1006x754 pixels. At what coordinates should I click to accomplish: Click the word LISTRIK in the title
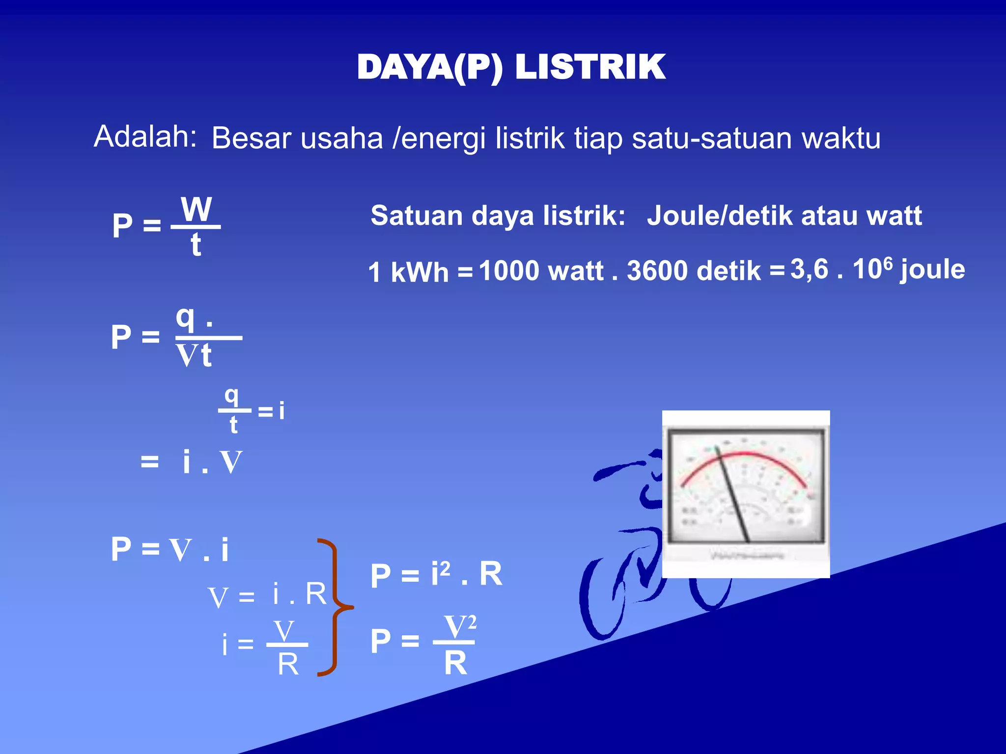click(x=590, y=67)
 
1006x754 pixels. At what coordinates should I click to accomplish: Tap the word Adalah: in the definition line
click(x=145, y=136)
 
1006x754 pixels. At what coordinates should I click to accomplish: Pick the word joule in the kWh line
click(x=932, y=270)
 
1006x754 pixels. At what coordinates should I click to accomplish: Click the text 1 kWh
click(x=408, y=272)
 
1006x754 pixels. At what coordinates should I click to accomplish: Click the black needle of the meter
click(x=733, y=496)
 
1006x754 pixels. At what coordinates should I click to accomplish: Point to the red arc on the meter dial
click(x=744, y=455)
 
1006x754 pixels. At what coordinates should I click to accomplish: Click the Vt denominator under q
click(x=194, y=356)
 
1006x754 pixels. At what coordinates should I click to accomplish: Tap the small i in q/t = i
click(x=281, y=411)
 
